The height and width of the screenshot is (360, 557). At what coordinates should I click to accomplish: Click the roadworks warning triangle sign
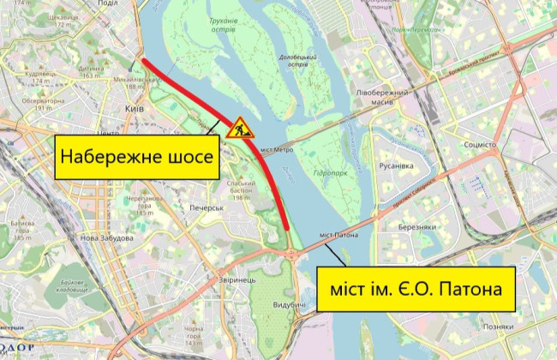click(238, 126)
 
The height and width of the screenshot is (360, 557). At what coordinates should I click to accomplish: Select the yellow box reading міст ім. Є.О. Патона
click(416, 291)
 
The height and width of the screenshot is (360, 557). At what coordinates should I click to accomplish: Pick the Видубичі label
click(291, 306)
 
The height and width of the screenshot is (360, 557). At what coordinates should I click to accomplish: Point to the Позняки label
click(497, 327)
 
